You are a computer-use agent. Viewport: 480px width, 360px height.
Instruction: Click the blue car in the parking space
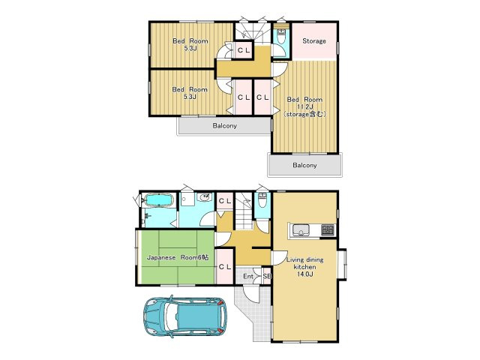click(185, 316)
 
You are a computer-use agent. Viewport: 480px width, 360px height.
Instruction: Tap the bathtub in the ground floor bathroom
click(159, 200)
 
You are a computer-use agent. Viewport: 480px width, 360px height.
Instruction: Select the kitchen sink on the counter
click(301, 230)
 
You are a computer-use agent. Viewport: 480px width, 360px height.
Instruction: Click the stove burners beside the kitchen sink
click(328, 230)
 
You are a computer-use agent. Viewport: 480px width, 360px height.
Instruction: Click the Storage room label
click(314, 40)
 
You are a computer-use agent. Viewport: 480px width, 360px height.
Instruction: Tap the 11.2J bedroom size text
click(305, 106)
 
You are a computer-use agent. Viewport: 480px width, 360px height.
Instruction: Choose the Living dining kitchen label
click(305, 263)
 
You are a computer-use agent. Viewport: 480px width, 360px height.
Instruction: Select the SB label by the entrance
click(267, 277)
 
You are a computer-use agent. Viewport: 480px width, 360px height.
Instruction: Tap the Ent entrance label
click(248, 277)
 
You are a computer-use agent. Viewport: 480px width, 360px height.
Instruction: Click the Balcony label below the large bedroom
click(304, 165)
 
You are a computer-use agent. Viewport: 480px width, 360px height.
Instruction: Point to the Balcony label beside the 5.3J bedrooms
click(225, 126)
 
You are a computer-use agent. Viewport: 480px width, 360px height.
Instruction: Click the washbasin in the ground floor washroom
click(205, 197)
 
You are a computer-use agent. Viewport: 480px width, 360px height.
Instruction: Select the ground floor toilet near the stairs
click(262, 199)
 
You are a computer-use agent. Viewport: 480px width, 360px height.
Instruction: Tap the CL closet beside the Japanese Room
click(225, 267)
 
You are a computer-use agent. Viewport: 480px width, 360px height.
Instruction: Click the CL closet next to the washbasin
click(225, 201)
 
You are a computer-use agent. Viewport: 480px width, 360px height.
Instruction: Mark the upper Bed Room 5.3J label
click(190, 44)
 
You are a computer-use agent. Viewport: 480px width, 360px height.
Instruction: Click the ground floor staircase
click(244, 211)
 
